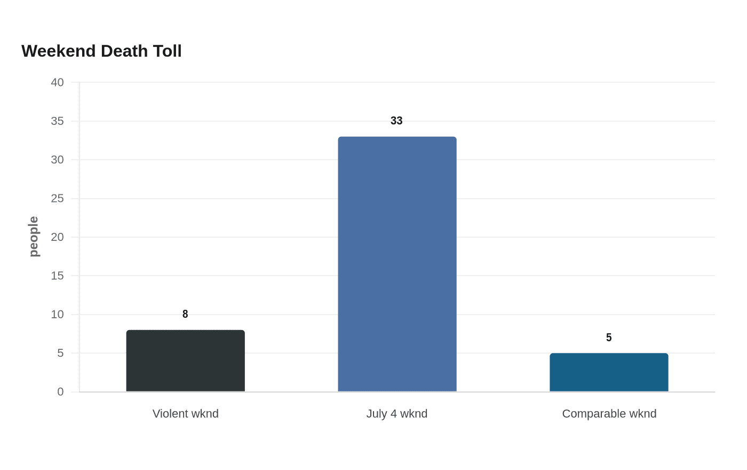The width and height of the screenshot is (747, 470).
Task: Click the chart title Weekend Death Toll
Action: coord(101,51)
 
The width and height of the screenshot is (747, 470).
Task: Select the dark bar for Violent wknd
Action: coord(186,361)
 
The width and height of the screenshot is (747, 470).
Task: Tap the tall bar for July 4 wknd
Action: coord(397,264)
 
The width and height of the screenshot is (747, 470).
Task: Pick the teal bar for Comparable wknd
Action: coord(609,372)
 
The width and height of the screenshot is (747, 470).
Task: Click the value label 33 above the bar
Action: coord(396,121)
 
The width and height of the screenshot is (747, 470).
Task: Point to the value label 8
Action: coord(185,314)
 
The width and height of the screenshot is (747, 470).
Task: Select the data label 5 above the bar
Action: coord(609,338)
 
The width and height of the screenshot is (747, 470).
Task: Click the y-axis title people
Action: coord(34,237)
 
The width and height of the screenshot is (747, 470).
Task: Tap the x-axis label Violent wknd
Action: coord(186,413)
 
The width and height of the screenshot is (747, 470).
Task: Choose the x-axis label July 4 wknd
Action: coord(397,413)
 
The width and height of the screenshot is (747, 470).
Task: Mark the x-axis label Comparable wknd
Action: coord(609,413)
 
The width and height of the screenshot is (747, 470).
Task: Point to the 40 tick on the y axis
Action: coord(58,82)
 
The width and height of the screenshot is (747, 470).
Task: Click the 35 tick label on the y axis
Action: coord(58,121)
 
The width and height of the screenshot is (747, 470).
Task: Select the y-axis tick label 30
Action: coord(58,160)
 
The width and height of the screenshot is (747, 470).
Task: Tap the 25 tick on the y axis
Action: coord(58,198)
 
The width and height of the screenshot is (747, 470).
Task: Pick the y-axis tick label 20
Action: coord(58,237)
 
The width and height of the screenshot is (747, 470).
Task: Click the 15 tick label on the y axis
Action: coord(58,276)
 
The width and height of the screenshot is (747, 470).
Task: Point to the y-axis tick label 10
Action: coord(58,314)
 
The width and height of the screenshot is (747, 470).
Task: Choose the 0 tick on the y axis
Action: coord(60,391)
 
